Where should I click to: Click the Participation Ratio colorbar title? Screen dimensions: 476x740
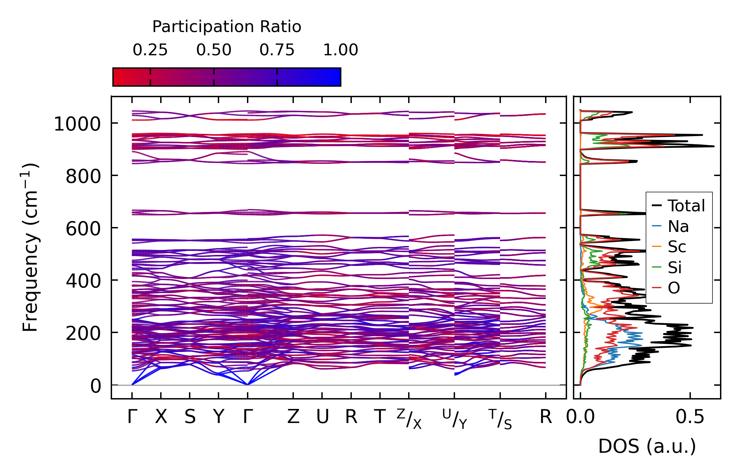226,27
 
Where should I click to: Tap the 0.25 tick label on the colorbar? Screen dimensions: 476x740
150,50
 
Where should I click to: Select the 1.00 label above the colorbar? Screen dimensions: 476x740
340,50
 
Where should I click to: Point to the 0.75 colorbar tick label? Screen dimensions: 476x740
277,50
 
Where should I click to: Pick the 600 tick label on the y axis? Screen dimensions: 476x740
83,229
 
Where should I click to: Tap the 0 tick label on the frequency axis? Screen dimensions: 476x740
96,386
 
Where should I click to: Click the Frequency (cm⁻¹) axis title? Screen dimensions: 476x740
30,247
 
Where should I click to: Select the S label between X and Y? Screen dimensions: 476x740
190,417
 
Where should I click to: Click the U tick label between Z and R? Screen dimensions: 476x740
322,417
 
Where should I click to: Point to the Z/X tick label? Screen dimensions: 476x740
409,419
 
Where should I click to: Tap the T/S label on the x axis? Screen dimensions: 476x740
500,419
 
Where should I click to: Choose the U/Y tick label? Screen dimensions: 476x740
454,419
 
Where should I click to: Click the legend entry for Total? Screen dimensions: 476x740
686,206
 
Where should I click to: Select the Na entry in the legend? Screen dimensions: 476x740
678,226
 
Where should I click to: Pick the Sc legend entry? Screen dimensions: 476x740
677,247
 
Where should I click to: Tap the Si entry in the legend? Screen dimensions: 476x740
674,268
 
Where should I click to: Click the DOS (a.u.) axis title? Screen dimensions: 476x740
647,446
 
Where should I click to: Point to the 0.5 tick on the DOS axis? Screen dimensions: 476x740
690,417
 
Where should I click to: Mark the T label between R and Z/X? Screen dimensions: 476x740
380,417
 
